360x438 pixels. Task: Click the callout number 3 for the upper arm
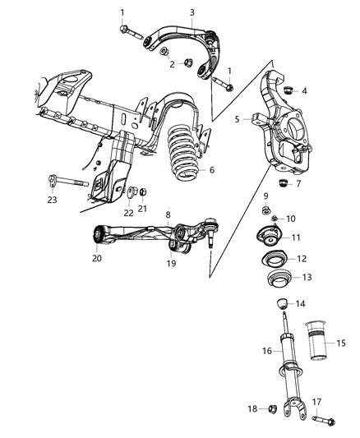point(192,12)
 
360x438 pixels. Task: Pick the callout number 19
point(170,264)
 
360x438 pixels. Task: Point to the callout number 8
point(168,216)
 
